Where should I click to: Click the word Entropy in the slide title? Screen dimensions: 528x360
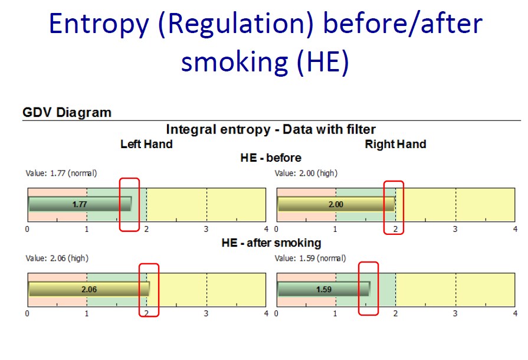pos(99,24)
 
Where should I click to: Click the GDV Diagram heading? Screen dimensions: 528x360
pos(67,112)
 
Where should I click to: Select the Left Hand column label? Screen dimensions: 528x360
pos(146,144)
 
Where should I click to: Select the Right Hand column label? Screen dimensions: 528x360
pos(396,144)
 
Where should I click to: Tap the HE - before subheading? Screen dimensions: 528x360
pos(271,158)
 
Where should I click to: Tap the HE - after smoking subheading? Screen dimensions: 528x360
pos(271,243)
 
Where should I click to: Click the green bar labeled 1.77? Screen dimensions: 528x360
pos(80,204)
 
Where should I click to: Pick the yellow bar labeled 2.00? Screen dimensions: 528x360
pos(336,204)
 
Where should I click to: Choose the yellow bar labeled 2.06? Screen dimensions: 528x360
pos(89,289)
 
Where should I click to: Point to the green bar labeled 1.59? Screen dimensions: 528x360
pos(324,289)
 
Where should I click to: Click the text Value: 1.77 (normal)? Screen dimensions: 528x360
pos(61,174)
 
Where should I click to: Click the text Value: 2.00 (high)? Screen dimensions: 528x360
pos(306,174)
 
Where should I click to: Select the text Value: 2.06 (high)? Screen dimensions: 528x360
pos(57,258)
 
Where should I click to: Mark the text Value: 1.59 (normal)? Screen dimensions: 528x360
pos(310,258)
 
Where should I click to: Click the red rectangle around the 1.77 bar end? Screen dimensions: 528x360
pos(120,205)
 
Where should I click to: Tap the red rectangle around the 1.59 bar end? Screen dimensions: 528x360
pos(359,289)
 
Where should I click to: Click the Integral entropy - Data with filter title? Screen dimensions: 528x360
pos(271,129)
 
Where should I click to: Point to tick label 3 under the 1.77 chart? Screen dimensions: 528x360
pos(206,230)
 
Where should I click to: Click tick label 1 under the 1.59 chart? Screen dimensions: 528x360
pos(336,314)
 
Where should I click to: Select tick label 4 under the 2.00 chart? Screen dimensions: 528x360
pos(515,230)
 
